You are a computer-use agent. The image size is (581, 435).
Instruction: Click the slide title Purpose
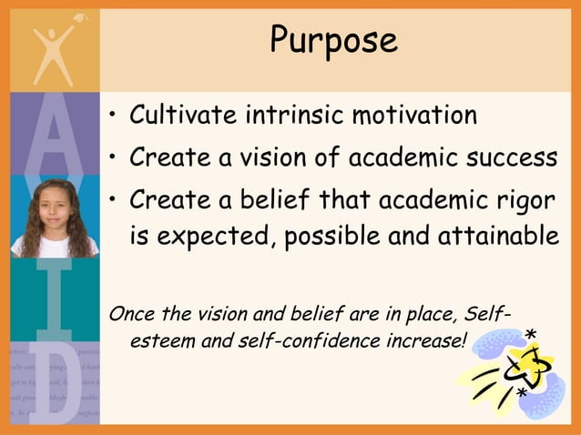(334, 40)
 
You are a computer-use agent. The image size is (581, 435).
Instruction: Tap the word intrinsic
(292, 116)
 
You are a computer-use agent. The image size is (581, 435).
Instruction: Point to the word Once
(129, 315)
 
